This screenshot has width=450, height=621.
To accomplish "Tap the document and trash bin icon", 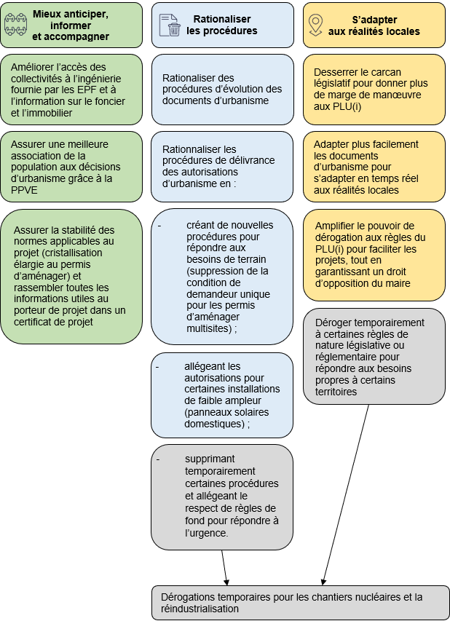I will (169, 25).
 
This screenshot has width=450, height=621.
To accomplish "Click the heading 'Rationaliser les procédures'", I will (221, 25).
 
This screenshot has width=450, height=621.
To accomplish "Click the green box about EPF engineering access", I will (71, 90).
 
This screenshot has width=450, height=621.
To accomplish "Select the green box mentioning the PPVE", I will (71, 165).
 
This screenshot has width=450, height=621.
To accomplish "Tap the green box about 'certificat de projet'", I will (71, 276).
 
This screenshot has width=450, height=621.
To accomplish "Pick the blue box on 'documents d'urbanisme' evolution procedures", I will (222, 89).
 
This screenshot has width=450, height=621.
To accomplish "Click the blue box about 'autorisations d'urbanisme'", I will (222, 166).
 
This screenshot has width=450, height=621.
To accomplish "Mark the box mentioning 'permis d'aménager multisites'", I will (222, 277).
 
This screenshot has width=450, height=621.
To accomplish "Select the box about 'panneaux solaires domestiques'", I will (222, 395).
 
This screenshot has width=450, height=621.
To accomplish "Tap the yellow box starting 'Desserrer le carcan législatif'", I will (374, 89).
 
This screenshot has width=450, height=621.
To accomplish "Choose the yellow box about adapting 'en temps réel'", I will (374, 166).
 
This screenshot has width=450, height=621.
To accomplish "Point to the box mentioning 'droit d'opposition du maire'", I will (374, 254).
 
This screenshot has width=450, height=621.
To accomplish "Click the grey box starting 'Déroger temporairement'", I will (374, 356).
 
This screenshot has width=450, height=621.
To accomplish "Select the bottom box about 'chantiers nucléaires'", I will (300, 602).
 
